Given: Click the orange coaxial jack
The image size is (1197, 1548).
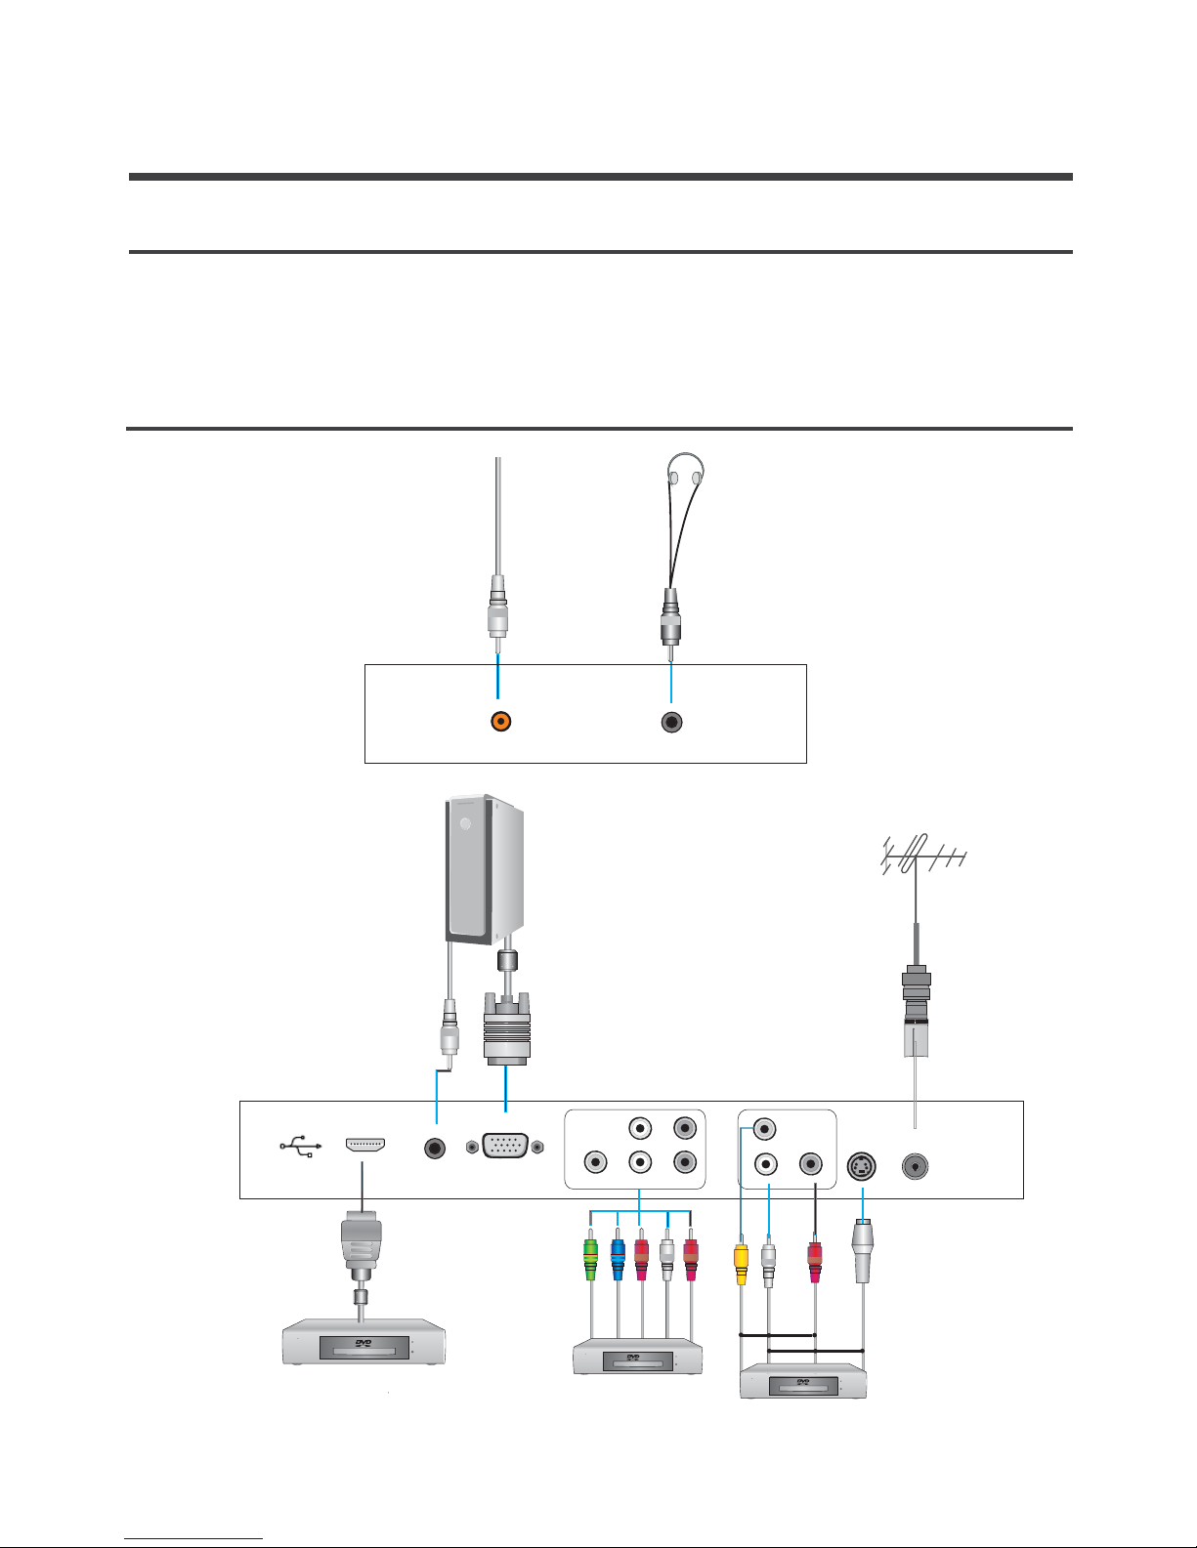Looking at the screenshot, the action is point(501,721).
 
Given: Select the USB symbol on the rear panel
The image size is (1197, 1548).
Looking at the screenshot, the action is point(301,1146).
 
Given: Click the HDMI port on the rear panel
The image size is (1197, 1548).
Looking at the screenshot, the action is point(365,1145).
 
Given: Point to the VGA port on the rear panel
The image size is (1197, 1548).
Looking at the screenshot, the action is point(505,1146).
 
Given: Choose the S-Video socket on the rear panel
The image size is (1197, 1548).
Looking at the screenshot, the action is point(862,1166).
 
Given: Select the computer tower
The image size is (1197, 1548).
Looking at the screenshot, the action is point(485,870).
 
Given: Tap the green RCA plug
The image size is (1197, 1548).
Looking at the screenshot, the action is point(590,1259).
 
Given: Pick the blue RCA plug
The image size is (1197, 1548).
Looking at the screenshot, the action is point(618,1259).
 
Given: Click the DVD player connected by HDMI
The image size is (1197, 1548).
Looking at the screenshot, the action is point(364,1342).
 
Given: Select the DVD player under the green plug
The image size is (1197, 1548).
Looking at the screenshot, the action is point(638,1357).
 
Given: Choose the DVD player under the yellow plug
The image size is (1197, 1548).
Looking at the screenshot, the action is point(803,1381).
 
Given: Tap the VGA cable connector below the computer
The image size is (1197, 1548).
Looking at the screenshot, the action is point(506,1028).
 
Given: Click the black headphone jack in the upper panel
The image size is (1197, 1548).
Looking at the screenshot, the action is point(672,722).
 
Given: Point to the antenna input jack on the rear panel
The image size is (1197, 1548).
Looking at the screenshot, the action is point(915,1167).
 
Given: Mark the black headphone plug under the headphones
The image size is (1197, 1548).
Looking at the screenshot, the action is point(671,618).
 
